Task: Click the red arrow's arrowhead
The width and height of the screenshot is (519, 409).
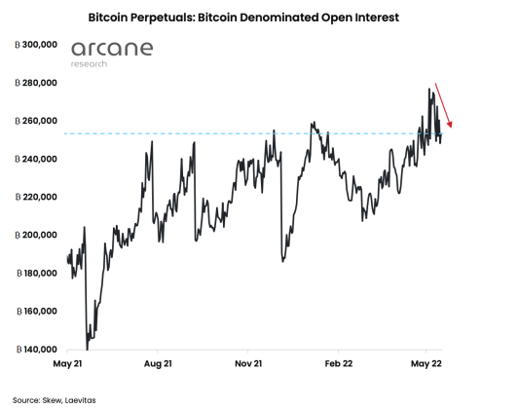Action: pos(453,125)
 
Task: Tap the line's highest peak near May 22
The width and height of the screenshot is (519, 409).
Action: pos(428,90)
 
